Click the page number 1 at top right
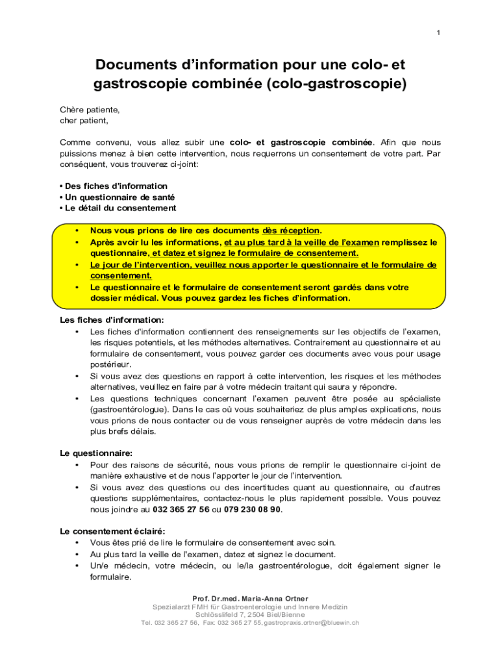tap(438, 33)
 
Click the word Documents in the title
tap(134, 65)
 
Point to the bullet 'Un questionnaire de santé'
tap(119, 197)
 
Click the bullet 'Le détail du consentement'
tap(119, 208)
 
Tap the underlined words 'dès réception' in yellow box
tap(291, 231)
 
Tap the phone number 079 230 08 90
tap(252, 509)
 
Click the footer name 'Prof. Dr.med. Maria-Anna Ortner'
tap(250, 598)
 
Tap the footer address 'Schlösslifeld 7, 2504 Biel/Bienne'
tap(250, 614)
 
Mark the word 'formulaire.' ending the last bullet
tap(110, 577)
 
